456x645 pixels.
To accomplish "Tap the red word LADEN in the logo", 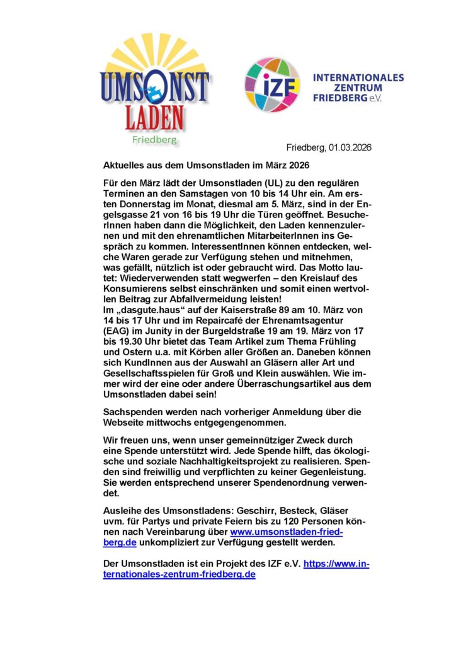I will [155, 117].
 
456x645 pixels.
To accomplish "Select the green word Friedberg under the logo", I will [154, 139].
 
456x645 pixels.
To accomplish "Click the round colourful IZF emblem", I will [272, 85].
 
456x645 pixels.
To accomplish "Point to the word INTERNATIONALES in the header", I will [358, 77].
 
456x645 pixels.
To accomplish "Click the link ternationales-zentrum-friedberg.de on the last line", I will [180, 574].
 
